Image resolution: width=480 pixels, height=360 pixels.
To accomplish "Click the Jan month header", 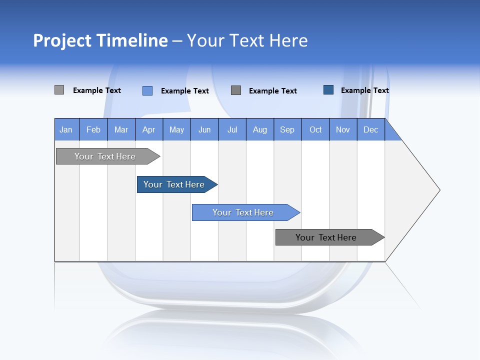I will pyautogui.click(x=66, y=129).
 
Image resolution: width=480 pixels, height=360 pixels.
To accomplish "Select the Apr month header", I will pyautogui.click(x=148, y=129).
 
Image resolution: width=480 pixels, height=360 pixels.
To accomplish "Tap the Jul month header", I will pyautogui.click(x=232, y=129).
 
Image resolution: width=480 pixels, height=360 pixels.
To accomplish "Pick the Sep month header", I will pyautogui.click(x=287, y=129).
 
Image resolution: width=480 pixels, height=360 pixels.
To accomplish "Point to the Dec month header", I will pyautogui.click(x=370, y=129).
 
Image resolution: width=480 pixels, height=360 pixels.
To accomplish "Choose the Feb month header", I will pyautogui.click(x=93, y=129).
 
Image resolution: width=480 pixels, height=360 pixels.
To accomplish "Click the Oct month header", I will pyautogui.click(x=315, y=129).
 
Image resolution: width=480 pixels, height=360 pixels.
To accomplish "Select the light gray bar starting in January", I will pyautogui.click(x=105, y=156).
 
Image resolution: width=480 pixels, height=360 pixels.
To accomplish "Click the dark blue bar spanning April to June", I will pyautogui.click(x=174, y=184).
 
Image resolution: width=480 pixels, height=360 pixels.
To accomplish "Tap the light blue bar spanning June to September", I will pyautogui.click(x=243, y=212).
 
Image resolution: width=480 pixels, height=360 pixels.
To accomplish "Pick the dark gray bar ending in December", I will pyautogui.click(x=326, y=237).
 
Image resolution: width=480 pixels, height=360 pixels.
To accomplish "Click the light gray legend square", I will pyautogui.click(x=59, y=90).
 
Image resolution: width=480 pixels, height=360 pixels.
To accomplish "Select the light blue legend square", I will pyautogui.click(x=147, y=90).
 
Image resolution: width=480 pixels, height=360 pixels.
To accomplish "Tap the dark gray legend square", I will pyautogui.click(x=236, y=90).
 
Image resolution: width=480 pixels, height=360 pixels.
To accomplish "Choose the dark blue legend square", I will pyautogui.click(x=328, y=89).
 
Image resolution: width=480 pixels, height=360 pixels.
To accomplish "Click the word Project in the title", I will pyautogui.click(x=62, y=40).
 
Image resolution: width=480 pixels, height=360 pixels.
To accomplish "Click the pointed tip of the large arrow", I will pyautogui.click(x=438, y=190).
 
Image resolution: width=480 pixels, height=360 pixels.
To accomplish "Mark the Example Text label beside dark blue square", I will pyautogui.click(x=364, y=90).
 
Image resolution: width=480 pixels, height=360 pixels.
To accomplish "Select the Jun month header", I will pyautogui.click(x=204, y=129).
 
